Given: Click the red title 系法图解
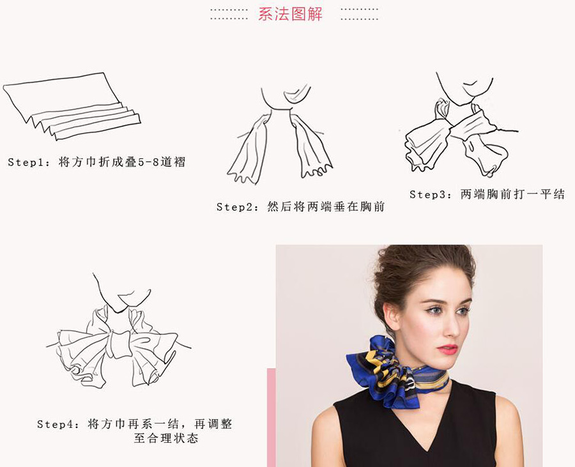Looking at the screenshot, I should tap(290, 13).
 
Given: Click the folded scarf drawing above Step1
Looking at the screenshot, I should tap(70, 105).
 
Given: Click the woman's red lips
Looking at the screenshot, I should tap(447, 349).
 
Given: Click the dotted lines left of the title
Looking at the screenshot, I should tap(229, 14).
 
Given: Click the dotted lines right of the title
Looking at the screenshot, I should tap(359, 14).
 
